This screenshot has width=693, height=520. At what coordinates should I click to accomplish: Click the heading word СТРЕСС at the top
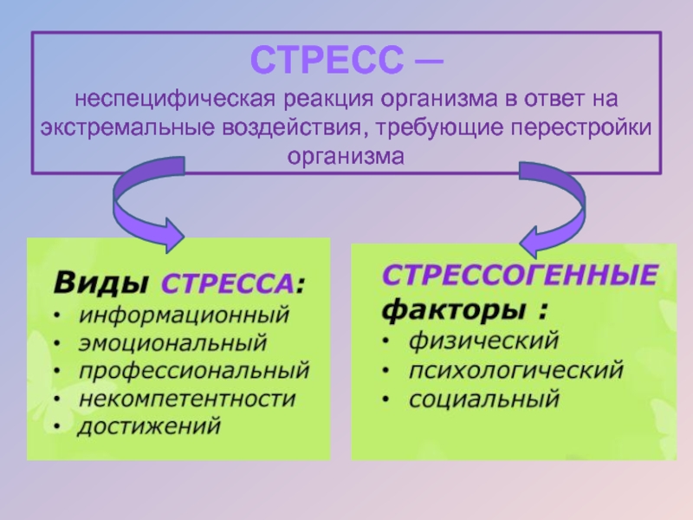327,61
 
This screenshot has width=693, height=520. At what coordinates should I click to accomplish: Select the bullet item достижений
149,427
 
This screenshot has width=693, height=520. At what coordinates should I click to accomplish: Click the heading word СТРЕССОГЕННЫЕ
519,277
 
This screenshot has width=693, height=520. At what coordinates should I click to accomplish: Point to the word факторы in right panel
456,309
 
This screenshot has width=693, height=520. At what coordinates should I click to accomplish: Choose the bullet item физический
483,340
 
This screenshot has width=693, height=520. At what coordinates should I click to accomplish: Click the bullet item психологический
516,370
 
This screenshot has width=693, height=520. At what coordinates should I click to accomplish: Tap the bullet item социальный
484,400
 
